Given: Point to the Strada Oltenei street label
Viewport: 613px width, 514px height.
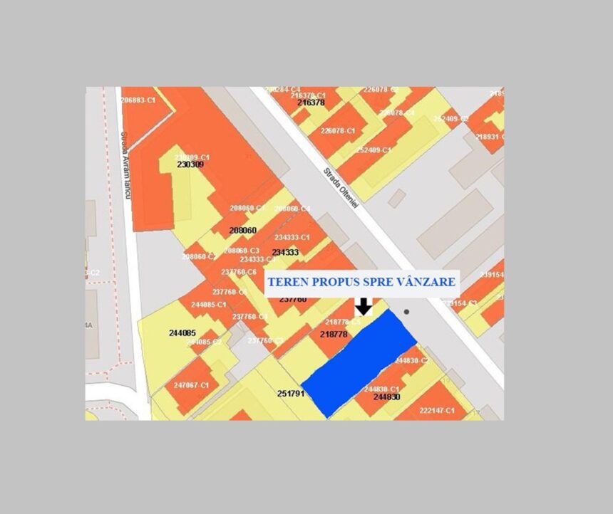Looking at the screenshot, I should click(341, 187).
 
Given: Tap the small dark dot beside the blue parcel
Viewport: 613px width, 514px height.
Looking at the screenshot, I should click(407, 312).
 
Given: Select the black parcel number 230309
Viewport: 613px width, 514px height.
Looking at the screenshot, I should click(190, 164).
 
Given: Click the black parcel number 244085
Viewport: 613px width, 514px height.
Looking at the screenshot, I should click(182, 332).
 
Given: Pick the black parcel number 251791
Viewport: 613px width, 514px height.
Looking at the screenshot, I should click(291, 393).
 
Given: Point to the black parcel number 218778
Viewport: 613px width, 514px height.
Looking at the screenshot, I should click(334, 334).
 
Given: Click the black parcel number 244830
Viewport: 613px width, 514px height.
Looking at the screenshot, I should click(386, 397).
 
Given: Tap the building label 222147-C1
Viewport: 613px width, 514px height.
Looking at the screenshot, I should click(437, 411).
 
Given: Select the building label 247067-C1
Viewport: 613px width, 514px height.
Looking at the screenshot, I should click(191, 385).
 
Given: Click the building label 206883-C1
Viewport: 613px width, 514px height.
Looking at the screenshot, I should click(138, 100).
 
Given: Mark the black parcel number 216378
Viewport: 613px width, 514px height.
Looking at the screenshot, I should click(311, 103).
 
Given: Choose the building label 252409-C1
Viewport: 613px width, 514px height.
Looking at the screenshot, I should click(374, 150).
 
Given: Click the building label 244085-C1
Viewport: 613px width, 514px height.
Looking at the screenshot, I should click(208, 305).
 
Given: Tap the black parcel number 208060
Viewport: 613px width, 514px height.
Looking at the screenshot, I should click(242, 231).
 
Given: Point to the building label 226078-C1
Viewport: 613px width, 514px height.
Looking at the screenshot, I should click(338, 131).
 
